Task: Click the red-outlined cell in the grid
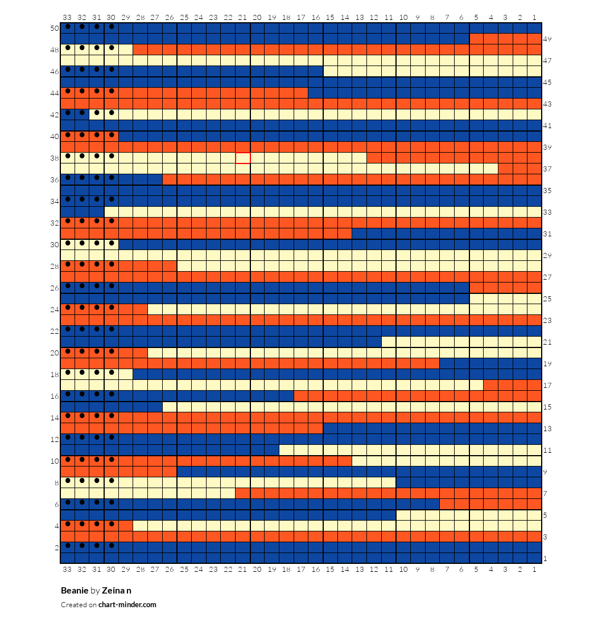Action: click(243, 158)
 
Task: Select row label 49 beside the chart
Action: click(547, 39)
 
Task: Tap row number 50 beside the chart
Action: click(55, 28)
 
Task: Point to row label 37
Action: click(547, 169)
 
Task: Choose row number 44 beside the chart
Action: click(55, 93)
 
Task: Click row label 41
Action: click(547, 126)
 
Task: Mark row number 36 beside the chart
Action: click(55, 179)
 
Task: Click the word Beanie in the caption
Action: click(75, 590)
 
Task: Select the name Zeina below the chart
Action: click(113, 590)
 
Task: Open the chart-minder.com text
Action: click(127, 604)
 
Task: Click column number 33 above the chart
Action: click(67, 18)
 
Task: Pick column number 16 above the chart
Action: click(316, 18)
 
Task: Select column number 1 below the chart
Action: click(535, 570)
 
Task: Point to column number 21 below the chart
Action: click(242, 570)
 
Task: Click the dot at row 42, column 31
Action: click(97, 113)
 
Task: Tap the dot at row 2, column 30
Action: click(112, 546)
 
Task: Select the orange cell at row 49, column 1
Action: click(535, 39)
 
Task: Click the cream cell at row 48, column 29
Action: click(126, 50)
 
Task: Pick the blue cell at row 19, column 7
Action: click(447, 363)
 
